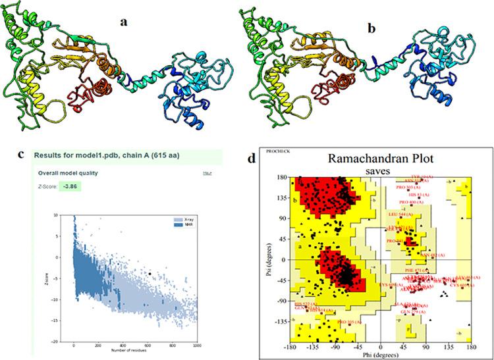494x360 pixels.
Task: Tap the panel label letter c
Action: pyautogui.click(x=22, y=155)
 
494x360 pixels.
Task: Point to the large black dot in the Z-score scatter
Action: pyautogui.click(x=150, y=272)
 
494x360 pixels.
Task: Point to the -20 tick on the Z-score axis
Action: pyautogui.click(x=66, y=341)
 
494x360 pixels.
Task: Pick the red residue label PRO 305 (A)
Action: pyautogui.click(x=348, y=322)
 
